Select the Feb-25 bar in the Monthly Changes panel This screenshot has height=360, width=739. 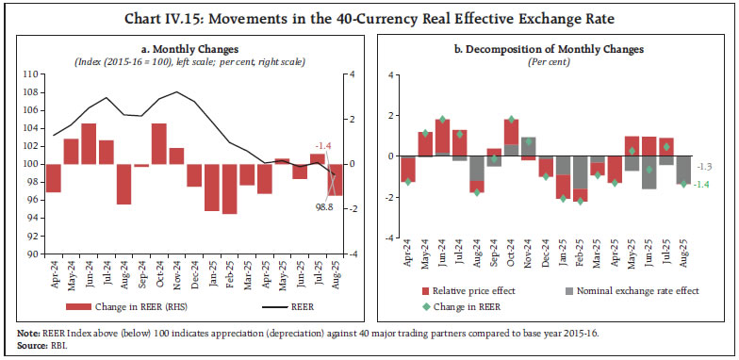pos(229,188)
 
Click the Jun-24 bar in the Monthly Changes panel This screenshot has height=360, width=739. pos(89,143)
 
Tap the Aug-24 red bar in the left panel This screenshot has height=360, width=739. pos(123,184)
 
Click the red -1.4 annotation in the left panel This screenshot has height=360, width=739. pos(323,144)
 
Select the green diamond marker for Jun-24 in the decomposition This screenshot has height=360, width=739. pos(442,120)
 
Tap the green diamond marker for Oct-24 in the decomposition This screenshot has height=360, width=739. pos(511,121)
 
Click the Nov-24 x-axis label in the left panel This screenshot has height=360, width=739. pos(176,273)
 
